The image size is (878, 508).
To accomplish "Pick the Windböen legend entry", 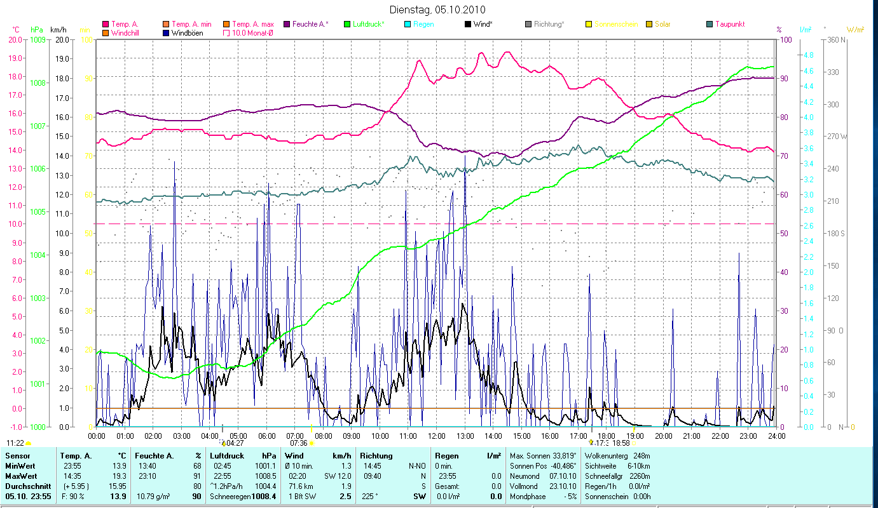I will [x=187, y=32].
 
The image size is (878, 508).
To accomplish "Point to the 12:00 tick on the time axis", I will [x=437, y=436].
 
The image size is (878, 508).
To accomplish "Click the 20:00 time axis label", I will [x=664, y=436].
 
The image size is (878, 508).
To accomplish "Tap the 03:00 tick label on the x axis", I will [x=182, y=436].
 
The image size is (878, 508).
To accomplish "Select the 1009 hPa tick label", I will [x=38, y=39].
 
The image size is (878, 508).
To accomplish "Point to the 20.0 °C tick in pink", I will [x=15, y=39].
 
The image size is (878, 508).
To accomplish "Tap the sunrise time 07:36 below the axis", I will [x=299, y=443].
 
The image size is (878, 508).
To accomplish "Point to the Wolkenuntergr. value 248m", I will [x=642, y=455].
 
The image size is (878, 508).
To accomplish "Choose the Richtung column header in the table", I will [x=376, y=455].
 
